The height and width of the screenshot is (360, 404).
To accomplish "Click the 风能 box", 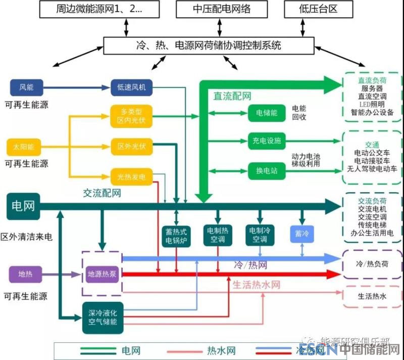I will [x=26, y=87].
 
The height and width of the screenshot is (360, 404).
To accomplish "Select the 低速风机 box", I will [x=131, y=87].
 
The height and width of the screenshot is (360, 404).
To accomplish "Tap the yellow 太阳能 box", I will [x=24, y=147].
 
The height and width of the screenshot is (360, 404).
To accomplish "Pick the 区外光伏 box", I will [x=131, y=147].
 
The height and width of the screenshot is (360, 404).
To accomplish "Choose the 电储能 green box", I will [x=266, y=113].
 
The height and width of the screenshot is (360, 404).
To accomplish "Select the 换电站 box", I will [x=266, y=170].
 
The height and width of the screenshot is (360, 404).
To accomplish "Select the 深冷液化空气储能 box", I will [x=103, y=318].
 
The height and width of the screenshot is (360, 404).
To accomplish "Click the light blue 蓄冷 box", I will [x=301, y=234].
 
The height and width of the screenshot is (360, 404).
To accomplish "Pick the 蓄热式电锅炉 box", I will [x=176, y=236].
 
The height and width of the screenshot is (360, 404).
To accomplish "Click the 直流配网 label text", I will [x=232, y=96].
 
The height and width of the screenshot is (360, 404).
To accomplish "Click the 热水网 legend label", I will [x=221, y=350].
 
